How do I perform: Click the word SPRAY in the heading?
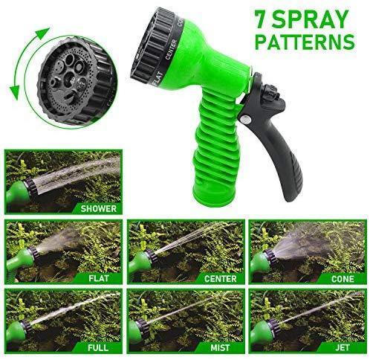pos(311,19)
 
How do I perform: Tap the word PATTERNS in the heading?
pos(305,42)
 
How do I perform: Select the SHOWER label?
pos(98,208)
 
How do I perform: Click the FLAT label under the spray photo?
pos(99,278)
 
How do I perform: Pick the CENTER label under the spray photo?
pos(220,279)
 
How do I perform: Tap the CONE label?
pos(343,279)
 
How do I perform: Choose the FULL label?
pos(98,347)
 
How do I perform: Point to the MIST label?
pos(220,347)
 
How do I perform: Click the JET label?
pos(343,347)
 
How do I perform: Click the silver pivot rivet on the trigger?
pos(247,120)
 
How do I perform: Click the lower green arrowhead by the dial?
pos(14,92)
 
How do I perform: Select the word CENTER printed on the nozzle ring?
pos(171,49)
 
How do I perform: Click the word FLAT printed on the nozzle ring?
pos(158,79)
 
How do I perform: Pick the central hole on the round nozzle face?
pos(70,77)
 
